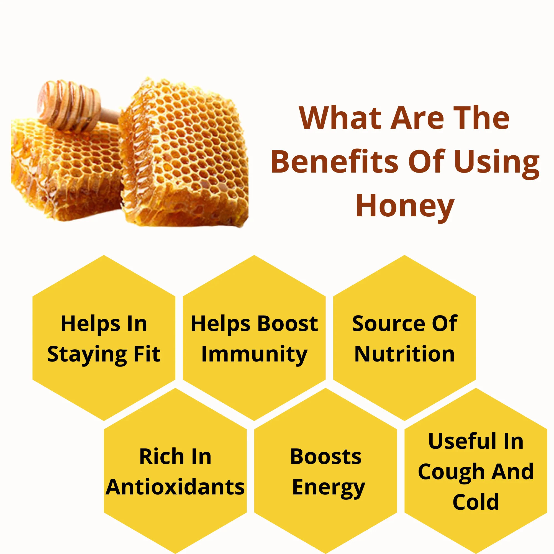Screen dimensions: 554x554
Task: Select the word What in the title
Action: point(340,118)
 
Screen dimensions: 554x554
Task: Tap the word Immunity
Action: point(254,355)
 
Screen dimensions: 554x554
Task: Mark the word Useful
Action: point(460,441)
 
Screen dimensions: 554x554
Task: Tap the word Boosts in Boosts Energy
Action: point(326,456)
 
